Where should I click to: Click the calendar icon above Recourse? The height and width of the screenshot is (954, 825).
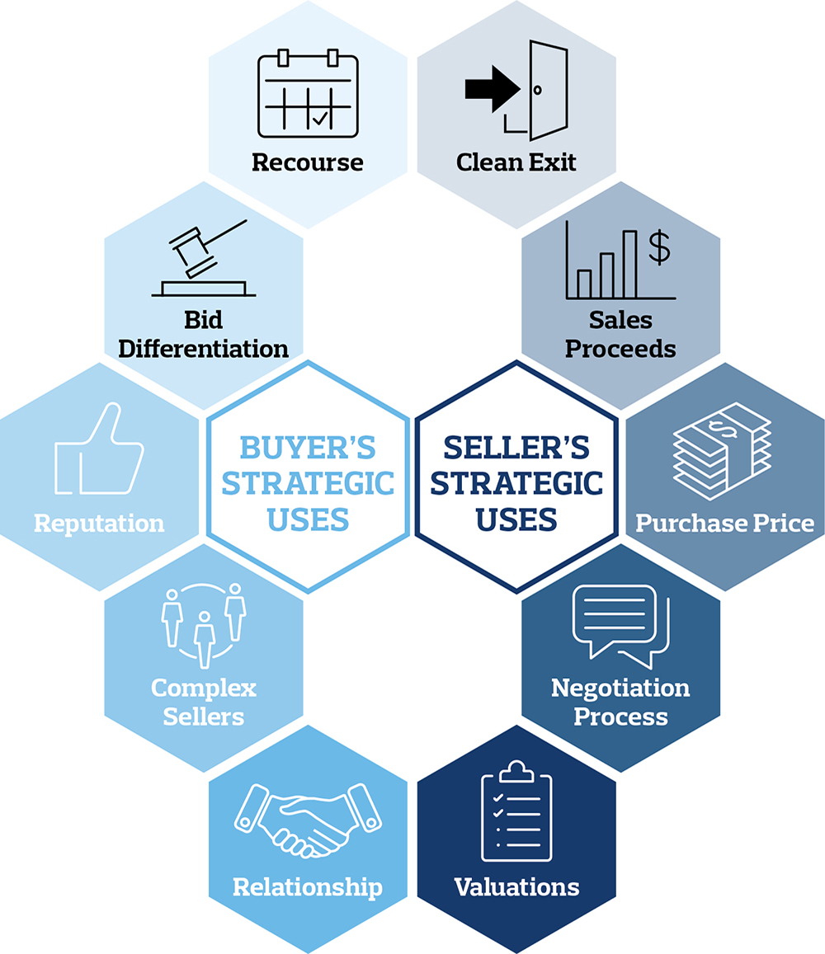pos(308,93)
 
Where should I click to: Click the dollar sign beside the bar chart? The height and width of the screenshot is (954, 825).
pos(658,247)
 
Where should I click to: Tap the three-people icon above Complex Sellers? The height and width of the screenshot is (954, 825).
pos(204,624)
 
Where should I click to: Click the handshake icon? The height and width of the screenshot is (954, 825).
pos(308,820)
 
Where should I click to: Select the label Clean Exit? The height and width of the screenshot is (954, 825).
pos(516,162)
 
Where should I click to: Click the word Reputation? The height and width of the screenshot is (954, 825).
pos(99,523)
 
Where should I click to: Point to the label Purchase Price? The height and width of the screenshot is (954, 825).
pos(724,523)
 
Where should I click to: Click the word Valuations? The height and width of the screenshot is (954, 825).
pos(516,887)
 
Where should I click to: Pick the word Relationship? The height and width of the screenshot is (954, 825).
pos(308,887)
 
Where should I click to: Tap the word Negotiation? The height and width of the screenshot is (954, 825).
pos(620,688)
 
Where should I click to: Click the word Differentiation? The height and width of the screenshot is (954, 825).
pos(204,348)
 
